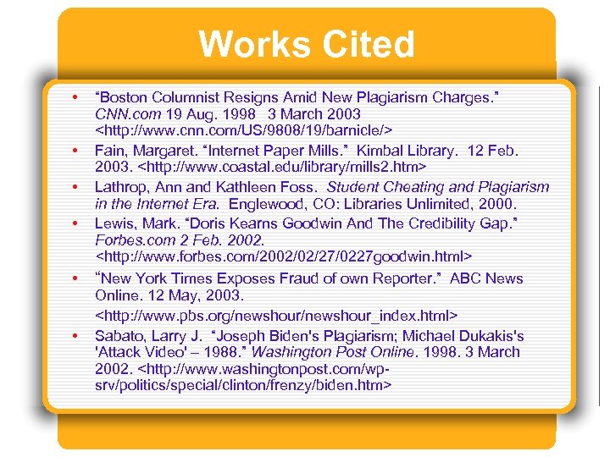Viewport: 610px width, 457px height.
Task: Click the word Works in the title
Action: coord(252,45)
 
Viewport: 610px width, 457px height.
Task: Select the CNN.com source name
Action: coord(128,113)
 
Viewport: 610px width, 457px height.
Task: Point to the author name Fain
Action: coord(111,151)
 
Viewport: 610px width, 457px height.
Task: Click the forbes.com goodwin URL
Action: coord(284,257)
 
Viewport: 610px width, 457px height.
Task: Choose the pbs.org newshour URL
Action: coord(276,315)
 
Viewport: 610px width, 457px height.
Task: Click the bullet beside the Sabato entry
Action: coord(75,334)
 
